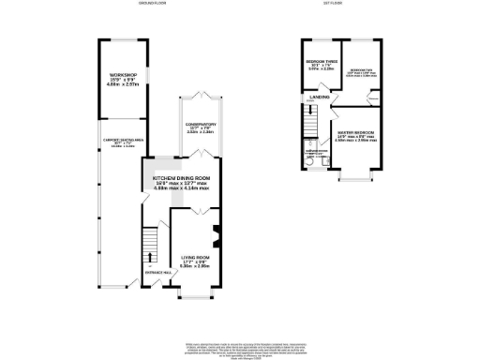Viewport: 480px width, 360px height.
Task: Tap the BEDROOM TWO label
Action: click(362, 70)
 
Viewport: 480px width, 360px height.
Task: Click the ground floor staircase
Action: click(145, 246)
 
